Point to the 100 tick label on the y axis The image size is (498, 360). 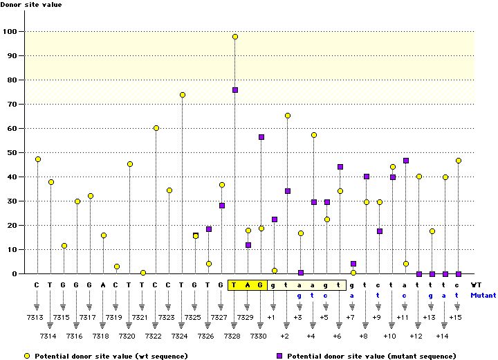click(11, 31)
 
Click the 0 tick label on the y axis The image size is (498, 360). click(15, 273)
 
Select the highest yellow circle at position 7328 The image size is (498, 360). click(235, 37)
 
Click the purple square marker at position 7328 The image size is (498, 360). click(235, 90)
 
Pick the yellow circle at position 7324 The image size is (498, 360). click(183, 95)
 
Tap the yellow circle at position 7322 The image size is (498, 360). click(156, 128)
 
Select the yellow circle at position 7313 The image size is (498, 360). click(38, 159)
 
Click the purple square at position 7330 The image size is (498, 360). click(261, 137)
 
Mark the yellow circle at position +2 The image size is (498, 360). click(288, 116)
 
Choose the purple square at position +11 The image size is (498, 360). click(406, 161)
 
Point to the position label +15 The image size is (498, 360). click(455, 316)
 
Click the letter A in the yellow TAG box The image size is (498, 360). click(248, 284)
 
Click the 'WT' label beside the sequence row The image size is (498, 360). click(476, 284)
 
